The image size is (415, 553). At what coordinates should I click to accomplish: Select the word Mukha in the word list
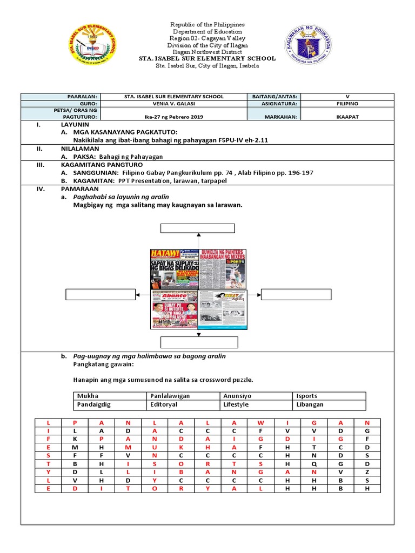click(88, 396)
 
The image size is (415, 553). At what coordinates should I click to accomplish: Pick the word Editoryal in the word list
click(164, 404)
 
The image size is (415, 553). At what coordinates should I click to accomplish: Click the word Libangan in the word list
click(310, 404)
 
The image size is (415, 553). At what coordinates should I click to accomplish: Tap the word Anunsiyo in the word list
click(237, 396)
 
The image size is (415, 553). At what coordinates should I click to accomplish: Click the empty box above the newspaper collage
click(198, 227)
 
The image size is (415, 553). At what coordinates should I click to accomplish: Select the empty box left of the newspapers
click(101, 294)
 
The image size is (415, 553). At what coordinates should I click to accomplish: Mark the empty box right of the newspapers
click(297, 294)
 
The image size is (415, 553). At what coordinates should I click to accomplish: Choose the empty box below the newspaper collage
click(199, 342)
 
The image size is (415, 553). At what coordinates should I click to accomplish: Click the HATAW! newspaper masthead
click(163, 254)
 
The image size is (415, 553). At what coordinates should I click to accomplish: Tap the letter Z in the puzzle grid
click(367, 472)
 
